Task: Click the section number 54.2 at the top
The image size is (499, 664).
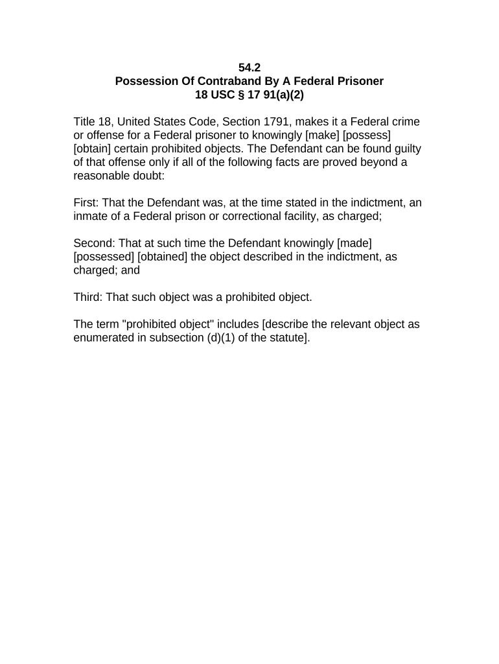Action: pos(250,67)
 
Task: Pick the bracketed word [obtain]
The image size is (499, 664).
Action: pos(93,149)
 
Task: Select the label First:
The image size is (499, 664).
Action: pos(86,203)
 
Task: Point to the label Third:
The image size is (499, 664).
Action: pos(88,298)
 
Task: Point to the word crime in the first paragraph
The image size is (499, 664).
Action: pos(405,122)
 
